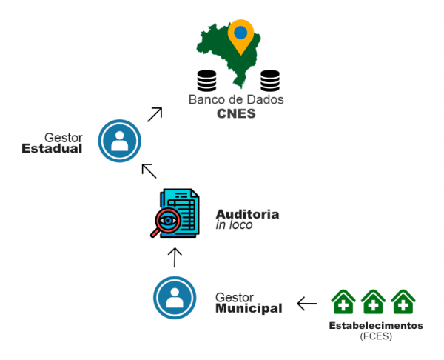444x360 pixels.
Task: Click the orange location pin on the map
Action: [240, 35]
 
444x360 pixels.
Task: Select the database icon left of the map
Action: [206, 79]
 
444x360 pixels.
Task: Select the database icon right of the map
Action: [270, 79]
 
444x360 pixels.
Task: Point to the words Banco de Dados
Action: [236, 99]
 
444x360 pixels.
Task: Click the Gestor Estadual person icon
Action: [119, 140]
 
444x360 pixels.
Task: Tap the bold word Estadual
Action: [52, 149]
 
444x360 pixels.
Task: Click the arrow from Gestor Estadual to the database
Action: [154, 114]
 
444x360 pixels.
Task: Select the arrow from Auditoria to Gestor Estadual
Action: [149, 170]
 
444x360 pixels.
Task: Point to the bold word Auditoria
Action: [247, 213]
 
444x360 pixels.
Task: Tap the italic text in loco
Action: [234, 224]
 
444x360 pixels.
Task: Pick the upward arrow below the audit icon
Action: [175, 257]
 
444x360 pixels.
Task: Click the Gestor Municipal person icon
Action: [175, 297]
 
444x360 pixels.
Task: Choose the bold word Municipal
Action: [249, 308]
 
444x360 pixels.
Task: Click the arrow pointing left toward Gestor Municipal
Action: [307, 304]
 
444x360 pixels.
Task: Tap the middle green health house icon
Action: [373, 302]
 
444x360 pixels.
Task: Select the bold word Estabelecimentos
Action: [376, 325]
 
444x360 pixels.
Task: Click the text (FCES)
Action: [376, 336]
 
